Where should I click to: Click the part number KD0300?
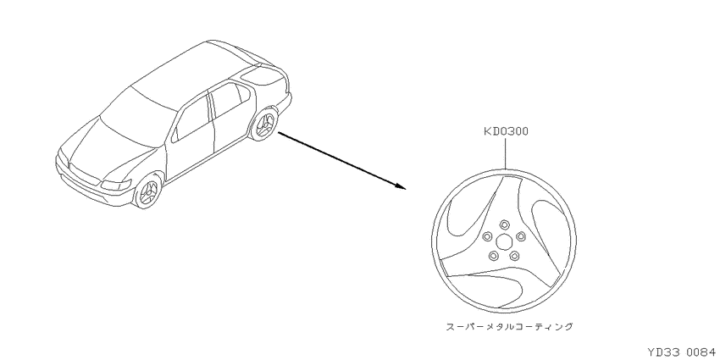(x=506, y=132)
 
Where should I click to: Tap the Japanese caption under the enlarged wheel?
(x=510, y=327)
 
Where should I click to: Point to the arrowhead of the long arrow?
(x=400, y=186)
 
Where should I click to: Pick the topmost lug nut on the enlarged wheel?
(x=504, y=224)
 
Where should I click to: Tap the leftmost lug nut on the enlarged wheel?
(x=488, y=236)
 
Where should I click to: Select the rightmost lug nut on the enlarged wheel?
(x=520, y=236)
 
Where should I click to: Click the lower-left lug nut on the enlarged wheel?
(x=494, y=255)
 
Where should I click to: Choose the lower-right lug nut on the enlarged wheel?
(x=514, y=255)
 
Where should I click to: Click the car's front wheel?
(x=148, y=191)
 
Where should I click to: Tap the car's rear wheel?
(x=264, y=124)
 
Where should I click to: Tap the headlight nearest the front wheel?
(x=116, y=185)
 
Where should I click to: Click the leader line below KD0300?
(x=506, y=153)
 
